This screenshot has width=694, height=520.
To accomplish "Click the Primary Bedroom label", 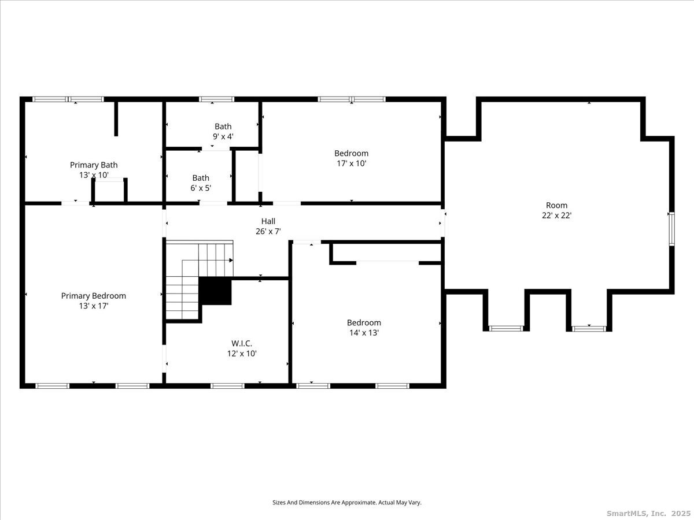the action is pos(94,296).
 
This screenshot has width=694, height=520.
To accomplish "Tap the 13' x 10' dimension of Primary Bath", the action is pos(94,175).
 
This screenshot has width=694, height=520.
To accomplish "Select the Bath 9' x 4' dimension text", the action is pos(223,136).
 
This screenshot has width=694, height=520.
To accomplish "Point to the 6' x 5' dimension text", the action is pos(201,188).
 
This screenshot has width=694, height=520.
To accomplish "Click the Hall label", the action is pos(268,221).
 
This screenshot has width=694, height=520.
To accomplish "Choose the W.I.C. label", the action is pos(242,343).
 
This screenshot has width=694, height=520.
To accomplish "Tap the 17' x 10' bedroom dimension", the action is pos(351,164).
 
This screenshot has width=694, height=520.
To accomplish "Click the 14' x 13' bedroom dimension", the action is pos(364,332).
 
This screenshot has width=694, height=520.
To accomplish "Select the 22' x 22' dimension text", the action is pos(556,216).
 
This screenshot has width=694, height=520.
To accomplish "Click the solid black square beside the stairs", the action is pos(215,291).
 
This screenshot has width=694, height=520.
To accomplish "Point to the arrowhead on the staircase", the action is pos(231,260).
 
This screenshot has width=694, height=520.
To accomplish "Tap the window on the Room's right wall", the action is pos(671,229).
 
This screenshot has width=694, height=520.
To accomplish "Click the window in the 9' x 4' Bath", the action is pos(216,99).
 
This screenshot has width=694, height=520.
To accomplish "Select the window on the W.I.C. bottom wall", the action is pos(227,386).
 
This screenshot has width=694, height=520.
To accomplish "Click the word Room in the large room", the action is pos(556,205).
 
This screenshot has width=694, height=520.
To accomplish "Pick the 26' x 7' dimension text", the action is pos(268,232).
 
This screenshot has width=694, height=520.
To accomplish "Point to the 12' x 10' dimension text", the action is pos(242,353).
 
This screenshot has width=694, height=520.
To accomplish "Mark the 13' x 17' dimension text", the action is pos(94,306).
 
